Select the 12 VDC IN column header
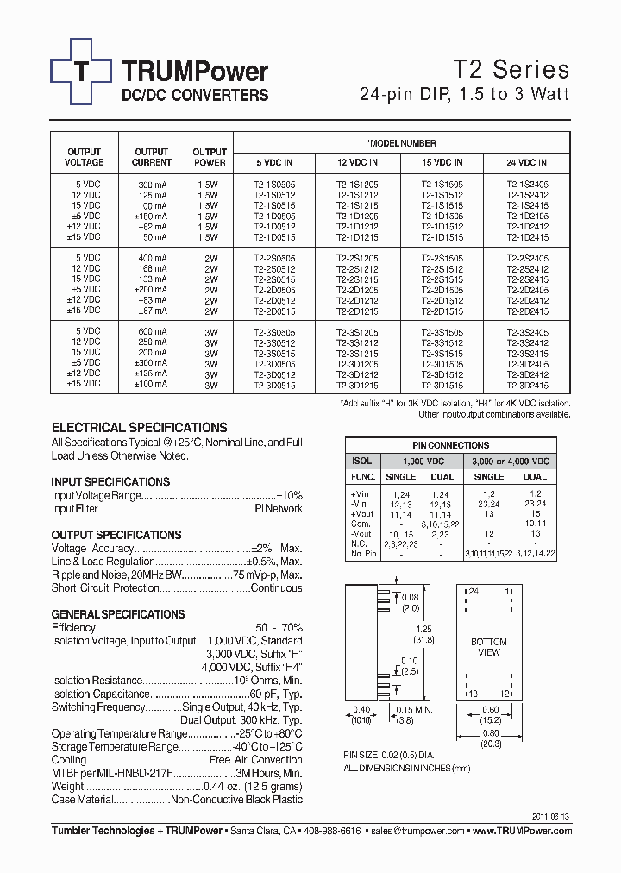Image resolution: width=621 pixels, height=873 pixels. click(x=357, y=162)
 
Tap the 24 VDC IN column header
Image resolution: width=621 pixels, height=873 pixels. click(x=527, y=162)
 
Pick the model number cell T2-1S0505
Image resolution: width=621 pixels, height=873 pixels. click(x=273, y=185)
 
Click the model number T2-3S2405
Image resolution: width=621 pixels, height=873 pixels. click(x=527, y=331)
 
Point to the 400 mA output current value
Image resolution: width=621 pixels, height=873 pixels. click(x=153, y=258)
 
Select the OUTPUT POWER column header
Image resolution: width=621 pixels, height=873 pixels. click(x=210, y=157)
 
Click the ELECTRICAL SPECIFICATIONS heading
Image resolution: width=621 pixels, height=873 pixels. click(x=140, y=428)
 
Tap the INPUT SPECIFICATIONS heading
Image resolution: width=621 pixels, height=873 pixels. click(x=110, y=481)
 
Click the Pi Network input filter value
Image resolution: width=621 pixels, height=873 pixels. click(x=279, y=509)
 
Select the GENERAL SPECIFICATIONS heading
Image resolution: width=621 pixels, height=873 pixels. click(x=118, y=614)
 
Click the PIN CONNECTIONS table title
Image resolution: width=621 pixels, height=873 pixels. click(x=451, y=445)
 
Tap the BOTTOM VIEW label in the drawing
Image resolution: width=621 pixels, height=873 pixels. click(x=488, y=647)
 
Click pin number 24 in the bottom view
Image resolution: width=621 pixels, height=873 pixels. click(x=472, y=592)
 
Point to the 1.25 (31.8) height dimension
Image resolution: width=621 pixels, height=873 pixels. click(x=423, y=634)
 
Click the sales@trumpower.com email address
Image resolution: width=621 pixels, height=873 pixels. click(x=418, y=831)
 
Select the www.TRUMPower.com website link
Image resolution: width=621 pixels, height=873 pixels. click(x=522, y=831)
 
